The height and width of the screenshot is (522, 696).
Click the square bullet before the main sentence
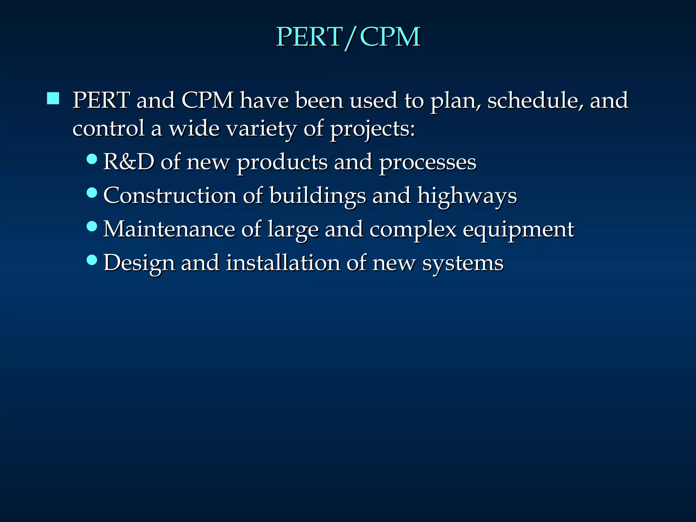[x=53, y=99]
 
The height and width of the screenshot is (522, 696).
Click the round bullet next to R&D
[x=92, y=159]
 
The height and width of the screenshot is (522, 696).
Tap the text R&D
[x=128, y=162]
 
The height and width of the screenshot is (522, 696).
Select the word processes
[x=428, y=162]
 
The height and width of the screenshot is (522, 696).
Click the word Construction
[x=170, y=196]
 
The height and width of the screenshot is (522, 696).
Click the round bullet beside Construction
[x=92, y=193]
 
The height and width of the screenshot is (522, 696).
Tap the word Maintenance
[x=169, y=229]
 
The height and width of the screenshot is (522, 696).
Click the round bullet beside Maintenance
[x=92, y=226]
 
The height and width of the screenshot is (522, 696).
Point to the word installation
[x=283, y=263]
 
